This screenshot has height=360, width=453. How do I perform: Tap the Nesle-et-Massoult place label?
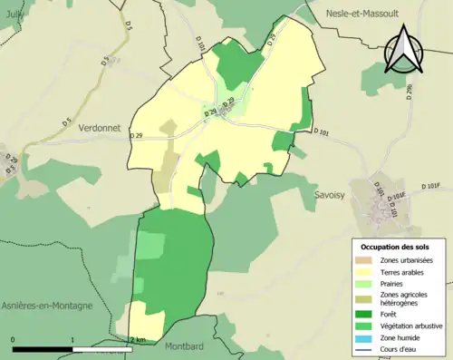[x=367, y=14]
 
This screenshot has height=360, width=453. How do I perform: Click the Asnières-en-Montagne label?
[x=46, y=306]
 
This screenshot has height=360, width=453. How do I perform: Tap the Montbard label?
[x=187, y=345]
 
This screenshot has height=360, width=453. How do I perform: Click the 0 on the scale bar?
[x=14, y=340]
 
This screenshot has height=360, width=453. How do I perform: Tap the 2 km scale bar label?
[x=138, y=340]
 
